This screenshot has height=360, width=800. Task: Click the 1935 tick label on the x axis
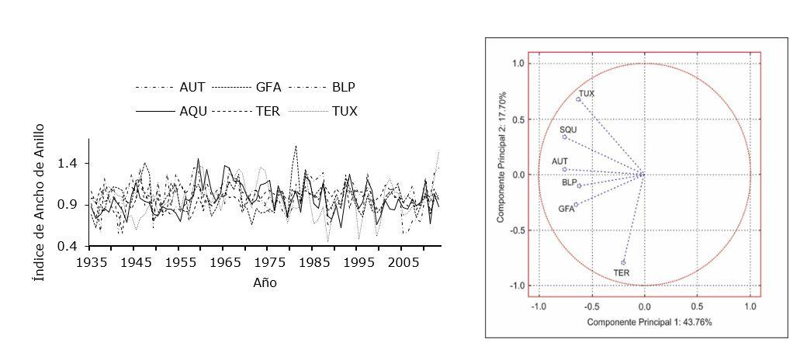[x=92, y=263]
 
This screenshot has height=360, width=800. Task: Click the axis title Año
[x=265, y=282]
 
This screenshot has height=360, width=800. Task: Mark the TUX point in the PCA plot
[x=578, y=99]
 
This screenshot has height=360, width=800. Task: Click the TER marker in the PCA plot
[x=623, y=262]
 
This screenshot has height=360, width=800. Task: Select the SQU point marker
[x=564, y=137]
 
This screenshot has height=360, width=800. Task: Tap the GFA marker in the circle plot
[x=576, y=204]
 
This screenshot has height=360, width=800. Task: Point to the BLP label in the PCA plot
[x=569, y=183]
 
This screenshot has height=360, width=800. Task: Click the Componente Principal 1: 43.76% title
[x=649, y=321]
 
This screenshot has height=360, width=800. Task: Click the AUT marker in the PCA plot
[x=564, y=169]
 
